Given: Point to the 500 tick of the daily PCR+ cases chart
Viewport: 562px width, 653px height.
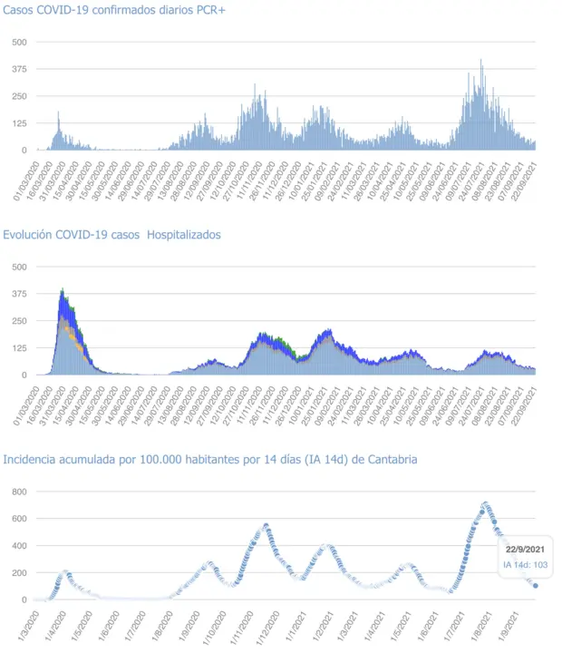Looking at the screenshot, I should click(20, 42).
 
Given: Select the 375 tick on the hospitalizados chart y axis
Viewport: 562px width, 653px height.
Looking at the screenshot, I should click(20, 294).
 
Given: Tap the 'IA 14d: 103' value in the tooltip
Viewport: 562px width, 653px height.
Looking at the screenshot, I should click(525, 565).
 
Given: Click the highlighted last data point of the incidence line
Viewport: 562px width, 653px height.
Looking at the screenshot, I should click(536, 586).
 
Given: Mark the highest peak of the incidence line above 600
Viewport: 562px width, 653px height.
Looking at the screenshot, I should click(485, 503).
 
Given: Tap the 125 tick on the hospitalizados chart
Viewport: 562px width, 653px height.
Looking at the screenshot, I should click(20, 348).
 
